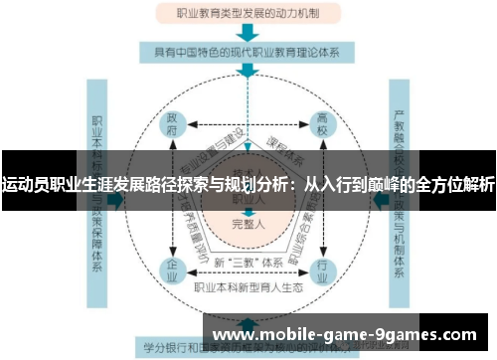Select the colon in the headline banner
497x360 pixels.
tap(294, 184)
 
